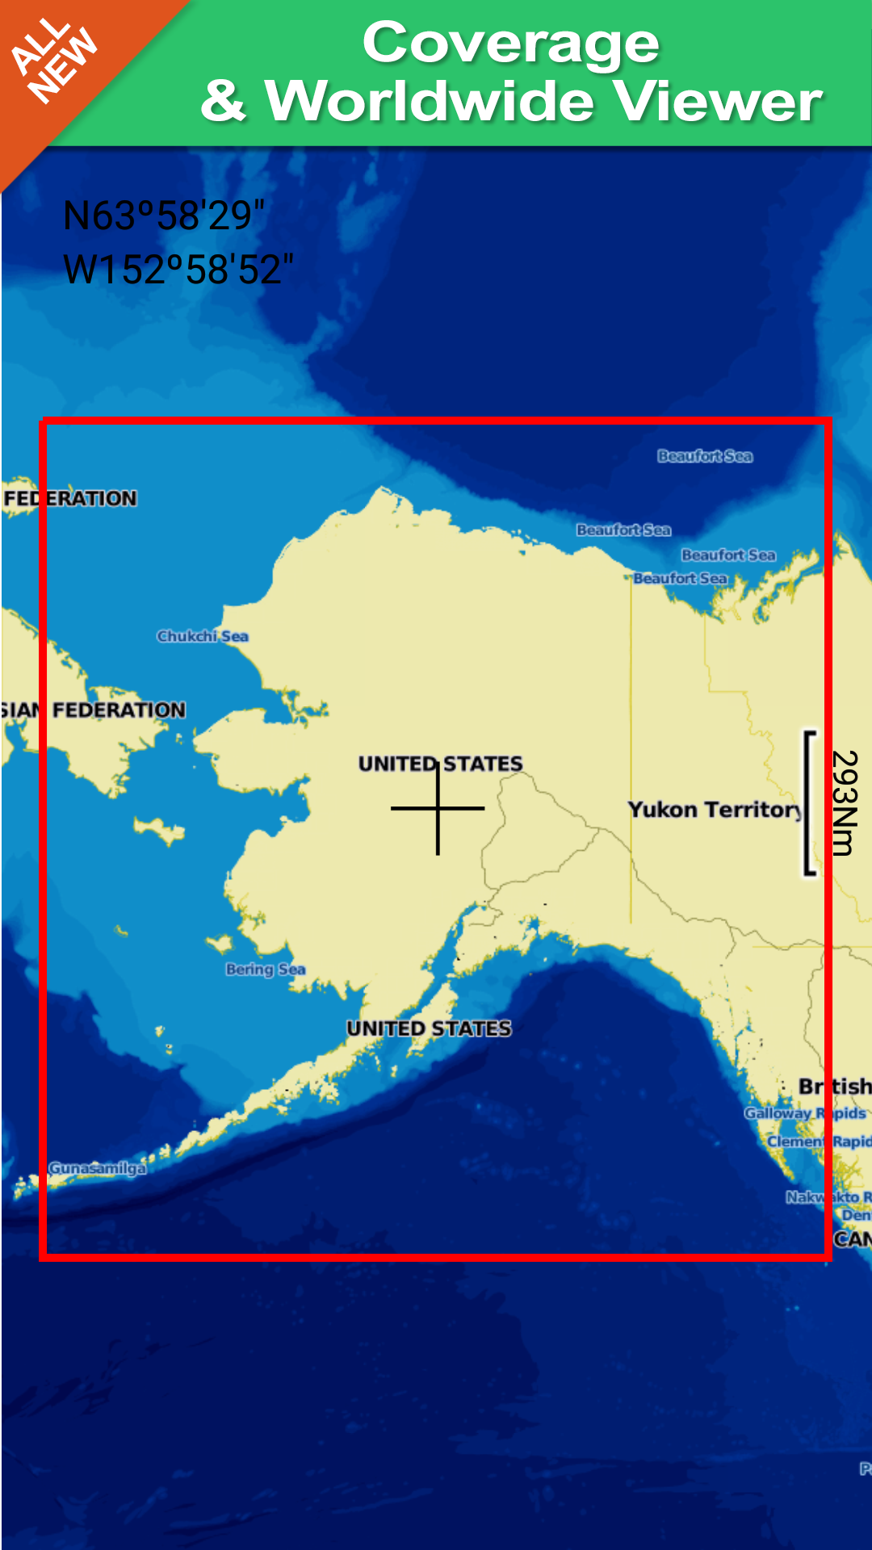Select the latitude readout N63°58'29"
tap(164, 216)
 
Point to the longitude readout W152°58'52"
tap(178, 270)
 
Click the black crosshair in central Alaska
tap(438, 808)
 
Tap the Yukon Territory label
tap(715, 810)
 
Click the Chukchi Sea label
tap(203, 636)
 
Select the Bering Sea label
tap(266, 969)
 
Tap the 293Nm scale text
tap(844, 802)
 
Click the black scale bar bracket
tap(808, 802)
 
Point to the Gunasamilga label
tap(98, 1168)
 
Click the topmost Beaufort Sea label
tap(705, 456)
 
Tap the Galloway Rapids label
tap(805, 1113)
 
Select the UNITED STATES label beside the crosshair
tap(440, 763)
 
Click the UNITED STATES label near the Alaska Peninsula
tap(429, 1028)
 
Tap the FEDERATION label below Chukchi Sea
tap(119, 710)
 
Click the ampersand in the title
tap(224, 102)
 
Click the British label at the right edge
tap(835, 1087)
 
